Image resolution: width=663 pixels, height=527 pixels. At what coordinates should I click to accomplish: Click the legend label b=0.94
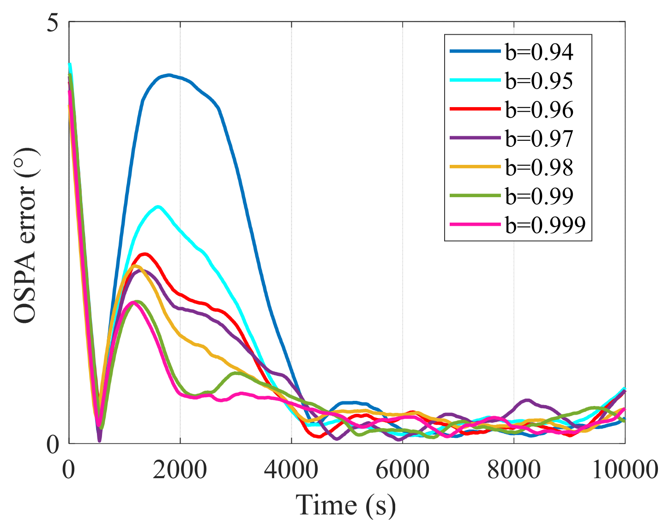click(539, 52)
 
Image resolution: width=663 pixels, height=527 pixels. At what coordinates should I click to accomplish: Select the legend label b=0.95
click(539, 81)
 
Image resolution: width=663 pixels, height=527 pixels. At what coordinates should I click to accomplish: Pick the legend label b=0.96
click(539, 110)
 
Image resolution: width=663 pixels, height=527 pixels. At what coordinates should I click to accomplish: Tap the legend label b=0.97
click(539, 139)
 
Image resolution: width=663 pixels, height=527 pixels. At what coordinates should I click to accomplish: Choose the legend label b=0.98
click(539, 167)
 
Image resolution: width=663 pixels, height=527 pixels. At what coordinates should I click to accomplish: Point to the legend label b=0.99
click(539, 196)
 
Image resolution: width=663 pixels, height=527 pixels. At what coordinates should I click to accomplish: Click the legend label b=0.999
click(545, 225)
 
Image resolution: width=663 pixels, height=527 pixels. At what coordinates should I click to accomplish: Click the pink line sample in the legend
click(475, 224)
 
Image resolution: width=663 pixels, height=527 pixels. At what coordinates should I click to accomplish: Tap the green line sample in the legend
click(475, 196)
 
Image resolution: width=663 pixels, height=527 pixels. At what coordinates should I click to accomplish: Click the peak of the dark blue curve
click(169, 75)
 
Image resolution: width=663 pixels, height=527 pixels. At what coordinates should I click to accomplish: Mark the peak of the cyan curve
click(158, 206)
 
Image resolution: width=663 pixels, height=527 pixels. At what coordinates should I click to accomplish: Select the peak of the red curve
click(145, 254)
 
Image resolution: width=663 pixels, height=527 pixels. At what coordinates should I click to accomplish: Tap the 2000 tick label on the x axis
click(180, 470)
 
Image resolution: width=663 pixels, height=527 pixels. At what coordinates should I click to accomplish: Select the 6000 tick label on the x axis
click(403, 470)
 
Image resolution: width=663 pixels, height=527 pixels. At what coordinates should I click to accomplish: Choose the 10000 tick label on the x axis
click(625, 470)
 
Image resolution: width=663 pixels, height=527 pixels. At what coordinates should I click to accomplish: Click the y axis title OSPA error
click(25, 236)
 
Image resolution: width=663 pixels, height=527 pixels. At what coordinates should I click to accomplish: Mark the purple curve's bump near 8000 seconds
click(526, 400)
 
